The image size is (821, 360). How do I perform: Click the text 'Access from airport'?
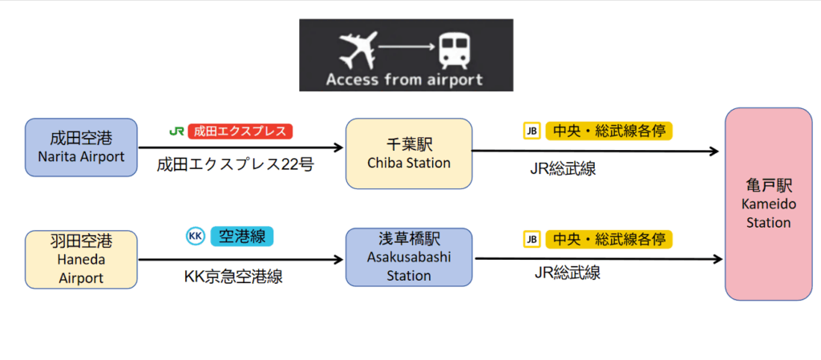[404, 81]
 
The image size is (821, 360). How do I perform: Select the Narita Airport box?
[81, 147]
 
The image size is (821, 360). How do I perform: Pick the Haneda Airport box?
[81, 260]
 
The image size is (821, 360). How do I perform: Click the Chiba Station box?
[409, 153]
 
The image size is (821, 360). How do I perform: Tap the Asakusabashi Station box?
[409, 257]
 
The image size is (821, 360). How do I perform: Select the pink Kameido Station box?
[768, 204]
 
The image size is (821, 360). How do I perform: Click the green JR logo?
[176, 131]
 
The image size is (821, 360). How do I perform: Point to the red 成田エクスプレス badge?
[240, 131]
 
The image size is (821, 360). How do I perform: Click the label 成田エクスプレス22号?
[236, 165]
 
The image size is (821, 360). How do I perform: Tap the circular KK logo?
[196, 237]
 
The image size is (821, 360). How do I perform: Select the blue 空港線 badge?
[242, 237]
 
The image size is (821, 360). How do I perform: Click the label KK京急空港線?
[233, 276]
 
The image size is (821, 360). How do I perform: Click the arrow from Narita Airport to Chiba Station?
[241, 148]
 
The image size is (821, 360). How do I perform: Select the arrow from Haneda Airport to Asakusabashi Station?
[241, 259]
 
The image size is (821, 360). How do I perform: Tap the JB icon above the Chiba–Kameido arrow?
[532, 131]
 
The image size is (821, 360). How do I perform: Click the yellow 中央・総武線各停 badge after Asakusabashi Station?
[609, 239]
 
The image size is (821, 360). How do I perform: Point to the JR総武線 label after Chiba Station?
[564, 168]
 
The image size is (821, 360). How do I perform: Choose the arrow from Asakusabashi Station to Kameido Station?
[598, 258]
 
